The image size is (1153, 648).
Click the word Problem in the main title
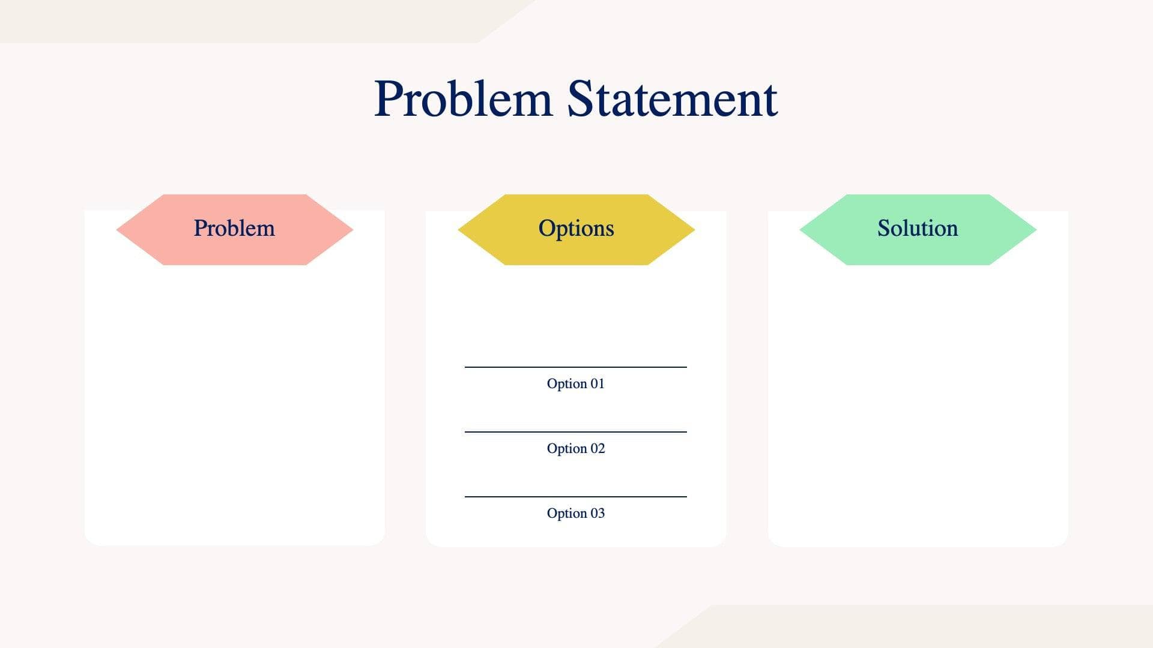462,99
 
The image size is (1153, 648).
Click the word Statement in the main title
672,99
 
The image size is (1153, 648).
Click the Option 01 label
575,383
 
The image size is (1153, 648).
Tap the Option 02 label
575,448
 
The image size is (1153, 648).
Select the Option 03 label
575,513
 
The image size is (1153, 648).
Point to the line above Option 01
575,367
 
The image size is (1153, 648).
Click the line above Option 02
575,431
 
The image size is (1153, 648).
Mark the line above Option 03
575,496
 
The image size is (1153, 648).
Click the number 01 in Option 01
597,383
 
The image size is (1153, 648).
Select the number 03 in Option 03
597,513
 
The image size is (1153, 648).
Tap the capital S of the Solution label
883,228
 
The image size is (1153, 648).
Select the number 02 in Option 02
597,448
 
